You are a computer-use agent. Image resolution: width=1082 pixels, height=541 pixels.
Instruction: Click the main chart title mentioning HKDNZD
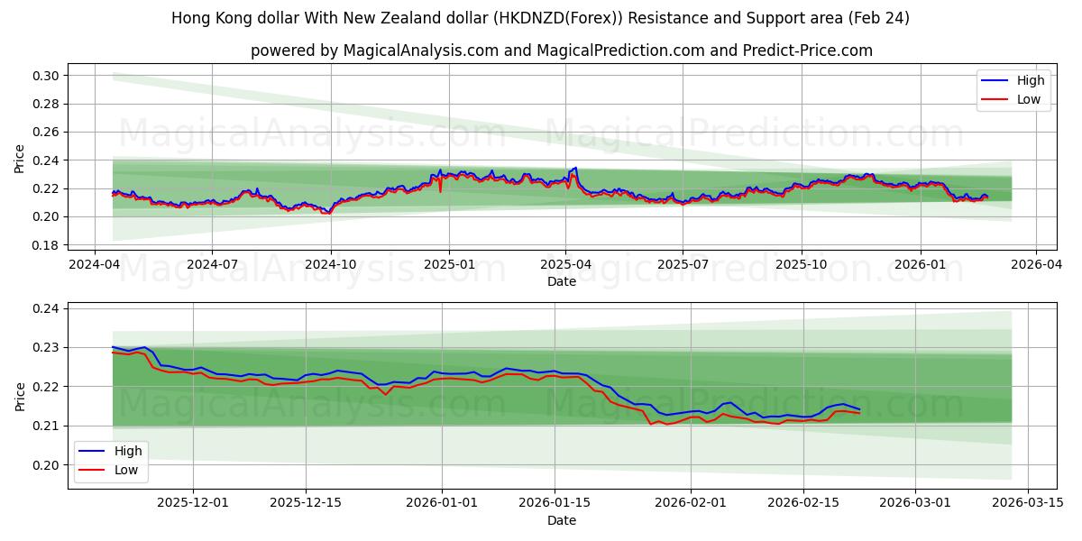point(540,18)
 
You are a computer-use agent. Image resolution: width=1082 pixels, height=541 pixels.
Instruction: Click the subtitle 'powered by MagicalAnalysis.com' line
point(561,50)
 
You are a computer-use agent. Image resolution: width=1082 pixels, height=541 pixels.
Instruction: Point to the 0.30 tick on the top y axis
point(47,76)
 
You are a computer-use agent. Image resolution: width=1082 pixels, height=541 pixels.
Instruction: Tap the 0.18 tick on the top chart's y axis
point(47,245)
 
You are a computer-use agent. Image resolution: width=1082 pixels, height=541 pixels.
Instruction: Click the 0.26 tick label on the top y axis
point(47,133)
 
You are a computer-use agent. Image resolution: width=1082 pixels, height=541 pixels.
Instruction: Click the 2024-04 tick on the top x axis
point(95,264)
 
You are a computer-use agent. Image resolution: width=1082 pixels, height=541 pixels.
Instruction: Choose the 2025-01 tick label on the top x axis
point(448,264)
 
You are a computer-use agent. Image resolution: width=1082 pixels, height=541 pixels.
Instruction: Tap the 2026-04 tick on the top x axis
point(1035,264)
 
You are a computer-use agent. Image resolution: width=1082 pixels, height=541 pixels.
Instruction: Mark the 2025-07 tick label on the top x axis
point(682,264)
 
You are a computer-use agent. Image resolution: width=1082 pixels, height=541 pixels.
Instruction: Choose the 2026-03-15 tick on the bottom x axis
point(1027,502)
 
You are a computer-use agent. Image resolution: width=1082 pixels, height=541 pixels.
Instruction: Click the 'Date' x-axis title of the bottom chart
point(561,520)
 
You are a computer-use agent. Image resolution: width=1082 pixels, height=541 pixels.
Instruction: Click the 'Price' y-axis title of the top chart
point(20,159)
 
